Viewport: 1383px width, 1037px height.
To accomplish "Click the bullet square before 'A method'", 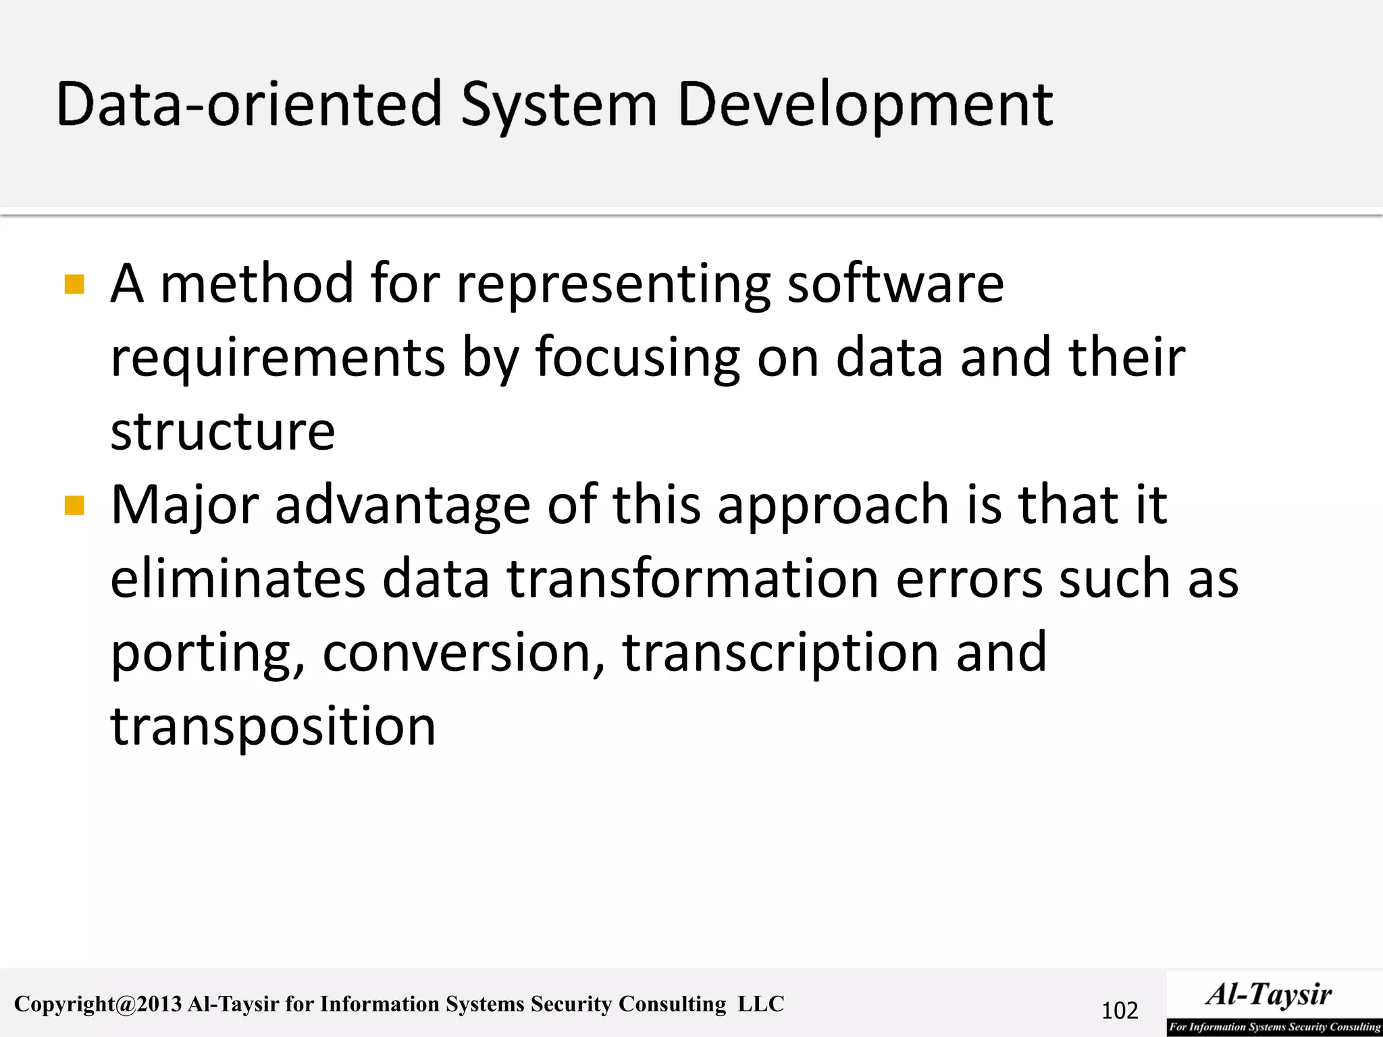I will [74, 284].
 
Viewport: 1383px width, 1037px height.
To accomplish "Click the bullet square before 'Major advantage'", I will [74, 505].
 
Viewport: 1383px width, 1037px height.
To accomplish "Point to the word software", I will [895, 284].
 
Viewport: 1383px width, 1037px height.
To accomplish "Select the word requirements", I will [278, 358].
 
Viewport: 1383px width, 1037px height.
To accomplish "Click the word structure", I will [223, 431].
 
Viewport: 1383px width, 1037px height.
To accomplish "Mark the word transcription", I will [780, 654].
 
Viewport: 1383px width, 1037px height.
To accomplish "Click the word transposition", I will [273, 727].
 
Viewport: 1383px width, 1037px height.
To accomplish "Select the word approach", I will [833, 506].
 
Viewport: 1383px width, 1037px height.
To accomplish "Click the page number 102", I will [1120, 1011].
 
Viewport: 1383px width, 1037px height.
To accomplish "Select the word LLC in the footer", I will [760, 1004].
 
